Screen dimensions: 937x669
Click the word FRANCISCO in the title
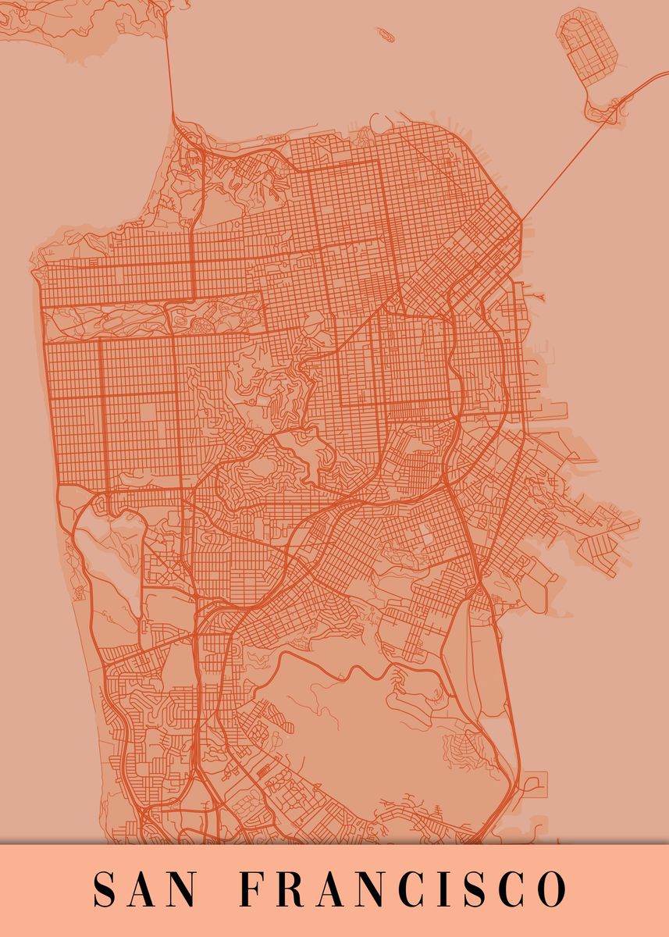click(x=401, y=889)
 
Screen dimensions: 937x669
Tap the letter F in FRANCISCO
click(x=250, y=889)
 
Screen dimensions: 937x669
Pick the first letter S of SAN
click(x=105, y=889)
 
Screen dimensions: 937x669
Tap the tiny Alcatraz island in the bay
click(x=385, y=34)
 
